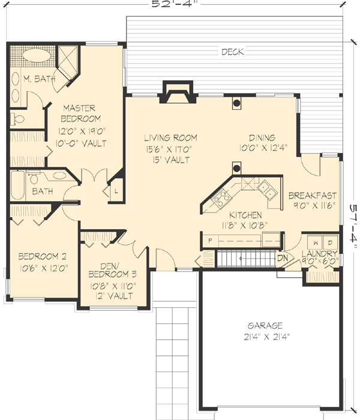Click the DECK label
click(232, 52)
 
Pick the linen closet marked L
click(115, 191)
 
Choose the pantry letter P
click(211, 240)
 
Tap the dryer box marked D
click(329, 243)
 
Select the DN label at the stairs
click(283, 258)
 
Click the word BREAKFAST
click(312, 196)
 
